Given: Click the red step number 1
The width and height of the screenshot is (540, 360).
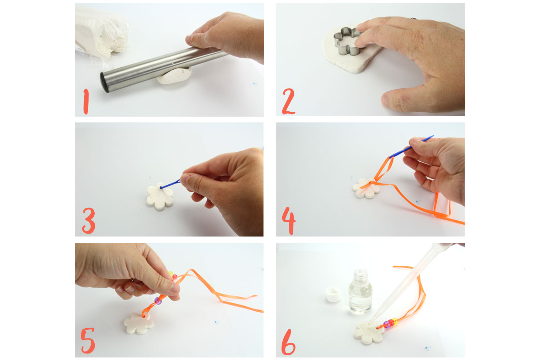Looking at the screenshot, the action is point(86,102).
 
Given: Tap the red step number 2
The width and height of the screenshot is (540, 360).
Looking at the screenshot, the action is point(288,102).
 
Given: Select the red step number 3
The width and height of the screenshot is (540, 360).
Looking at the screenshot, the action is point(89,221).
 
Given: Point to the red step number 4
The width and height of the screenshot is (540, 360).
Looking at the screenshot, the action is point(289,221).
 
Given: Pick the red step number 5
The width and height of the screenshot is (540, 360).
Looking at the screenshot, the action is point(88,341).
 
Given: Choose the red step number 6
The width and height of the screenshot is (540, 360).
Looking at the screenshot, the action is point(288,342).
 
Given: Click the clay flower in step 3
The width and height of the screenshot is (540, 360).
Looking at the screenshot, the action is point(160,196).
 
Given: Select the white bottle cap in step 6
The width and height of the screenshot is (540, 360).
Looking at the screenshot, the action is point(333,294).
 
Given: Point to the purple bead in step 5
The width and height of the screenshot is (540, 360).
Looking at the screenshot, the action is point(158,301).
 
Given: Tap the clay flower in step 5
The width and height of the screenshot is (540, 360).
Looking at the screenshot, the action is point(139,323).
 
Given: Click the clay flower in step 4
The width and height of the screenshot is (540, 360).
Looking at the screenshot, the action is point(366,188).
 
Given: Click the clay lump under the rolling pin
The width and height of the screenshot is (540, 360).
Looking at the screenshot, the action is point(174,76).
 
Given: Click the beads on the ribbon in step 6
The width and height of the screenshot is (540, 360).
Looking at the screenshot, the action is point(391,323).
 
